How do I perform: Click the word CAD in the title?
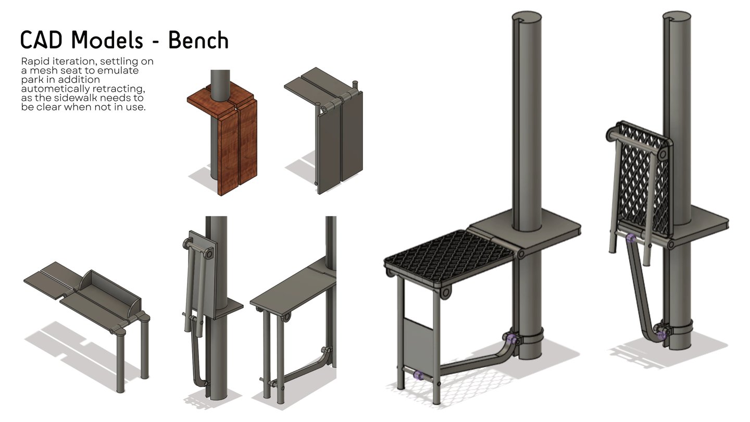click(41, 40)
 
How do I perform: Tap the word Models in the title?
click(107, 40)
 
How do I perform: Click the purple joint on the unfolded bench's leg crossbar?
click(418, 375)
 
